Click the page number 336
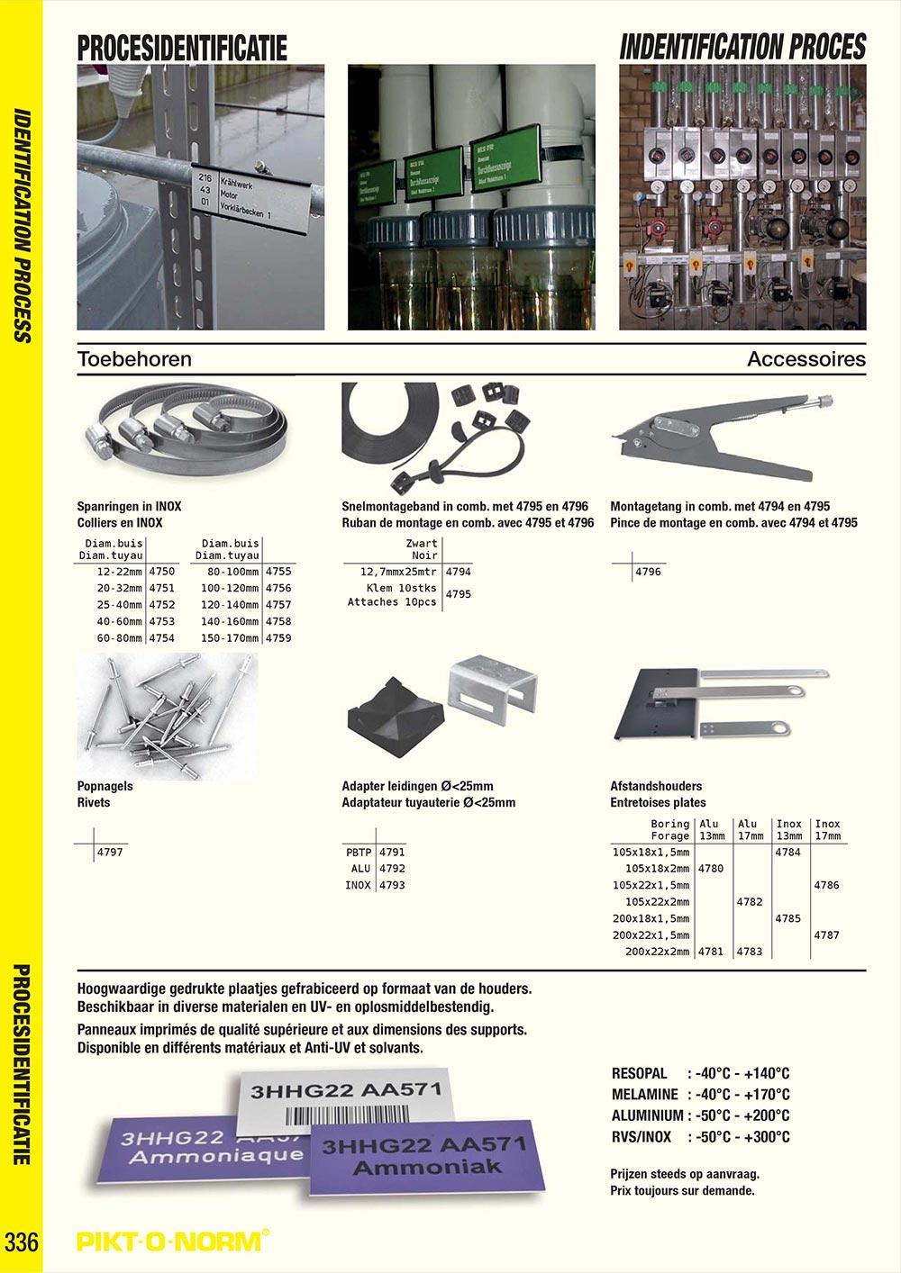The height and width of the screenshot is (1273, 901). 22,1241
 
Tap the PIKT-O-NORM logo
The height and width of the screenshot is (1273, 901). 172,1241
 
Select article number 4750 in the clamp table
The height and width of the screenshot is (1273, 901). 162,572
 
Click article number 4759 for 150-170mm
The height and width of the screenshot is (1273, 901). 278,638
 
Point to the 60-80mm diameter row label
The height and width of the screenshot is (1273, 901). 120,638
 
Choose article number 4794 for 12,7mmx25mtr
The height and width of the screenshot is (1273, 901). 459,572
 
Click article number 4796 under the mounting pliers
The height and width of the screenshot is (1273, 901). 648,572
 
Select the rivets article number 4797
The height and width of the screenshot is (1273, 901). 109,852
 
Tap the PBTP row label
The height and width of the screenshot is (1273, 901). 359,852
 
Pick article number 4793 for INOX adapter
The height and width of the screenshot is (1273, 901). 392,885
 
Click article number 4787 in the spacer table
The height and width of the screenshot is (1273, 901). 826,935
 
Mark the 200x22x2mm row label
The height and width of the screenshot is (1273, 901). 657,952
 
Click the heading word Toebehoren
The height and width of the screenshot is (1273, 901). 134,359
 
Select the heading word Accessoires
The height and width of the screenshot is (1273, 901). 805,359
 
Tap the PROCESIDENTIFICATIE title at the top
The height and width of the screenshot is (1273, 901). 182,48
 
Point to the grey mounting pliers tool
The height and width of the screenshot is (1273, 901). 721,432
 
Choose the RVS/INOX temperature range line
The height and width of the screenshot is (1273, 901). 700,1137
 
